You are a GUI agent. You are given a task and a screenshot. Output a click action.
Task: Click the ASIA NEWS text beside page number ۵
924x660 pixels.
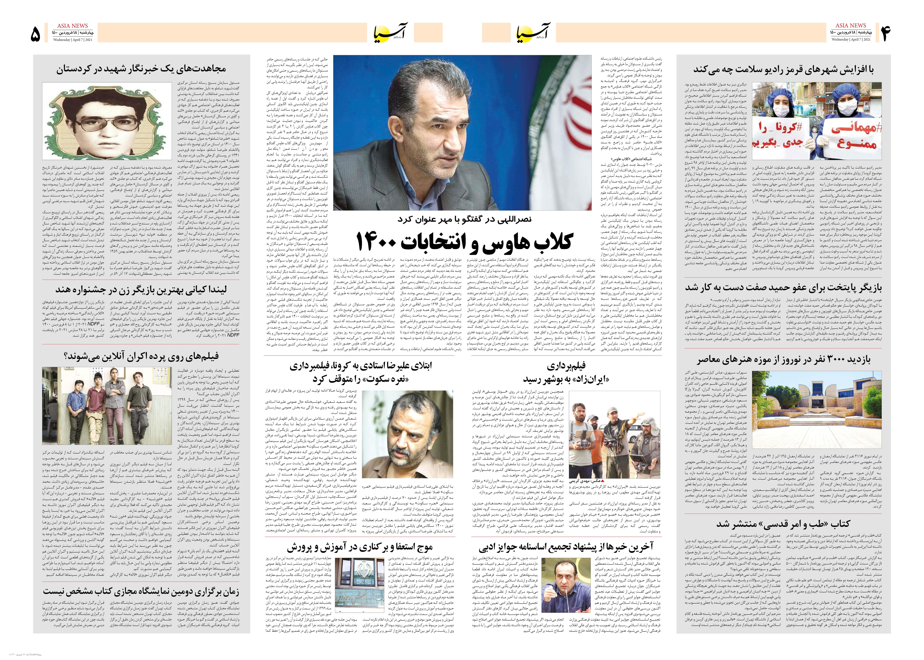[72, 26]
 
